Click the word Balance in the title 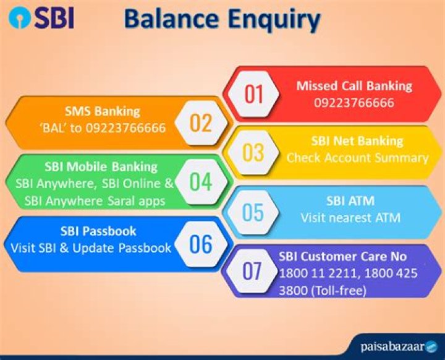point(171,19)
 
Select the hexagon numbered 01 point(254,94)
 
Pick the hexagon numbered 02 point(201,122)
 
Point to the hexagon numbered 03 point(253,152)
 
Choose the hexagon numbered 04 point(201,182)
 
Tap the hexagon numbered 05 point(253,213)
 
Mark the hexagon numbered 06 point(201,244)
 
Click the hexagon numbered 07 point(252,271)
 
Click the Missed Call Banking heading point(354,86)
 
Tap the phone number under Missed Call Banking point(354,103)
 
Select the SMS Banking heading point(103,111)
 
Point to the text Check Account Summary point(358,158)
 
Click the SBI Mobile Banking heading point(101,167)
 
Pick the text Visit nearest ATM point(351,218)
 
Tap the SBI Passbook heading point(98,231)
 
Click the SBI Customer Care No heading point(342,257)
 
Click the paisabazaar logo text point(392,347)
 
